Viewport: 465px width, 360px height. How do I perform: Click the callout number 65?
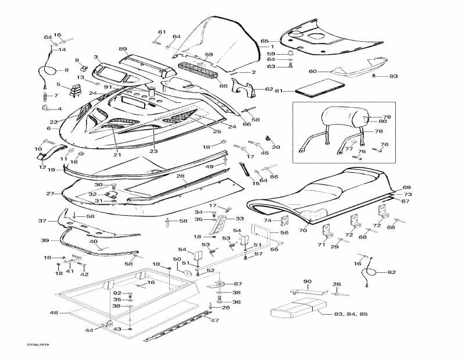264,41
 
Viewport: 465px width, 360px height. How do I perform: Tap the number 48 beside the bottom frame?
53,313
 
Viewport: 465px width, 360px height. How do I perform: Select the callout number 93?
394,77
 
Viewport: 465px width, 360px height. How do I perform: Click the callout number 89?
123,49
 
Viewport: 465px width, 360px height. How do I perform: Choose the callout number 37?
42,221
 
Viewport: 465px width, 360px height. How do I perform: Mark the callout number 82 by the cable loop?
391,272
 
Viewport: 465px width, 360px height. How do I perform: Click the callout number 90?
307,281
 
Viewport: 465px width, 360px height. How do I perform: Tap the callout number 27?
50,194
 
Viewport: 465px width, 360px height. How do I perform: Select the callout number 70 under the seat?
302,230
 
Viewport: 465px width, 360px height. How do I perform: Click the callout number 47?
214,320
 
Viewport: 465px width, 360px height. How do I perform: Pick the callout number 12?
42,167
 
